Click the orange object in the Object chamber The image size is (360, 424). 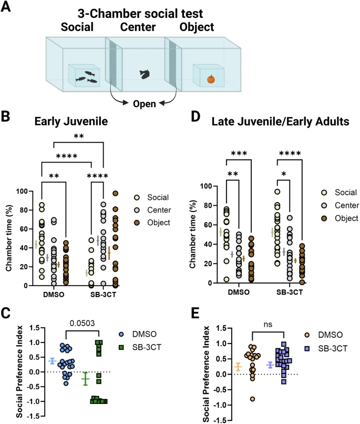point(211,79)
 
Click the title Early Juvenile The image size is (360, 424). point(75,120)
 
